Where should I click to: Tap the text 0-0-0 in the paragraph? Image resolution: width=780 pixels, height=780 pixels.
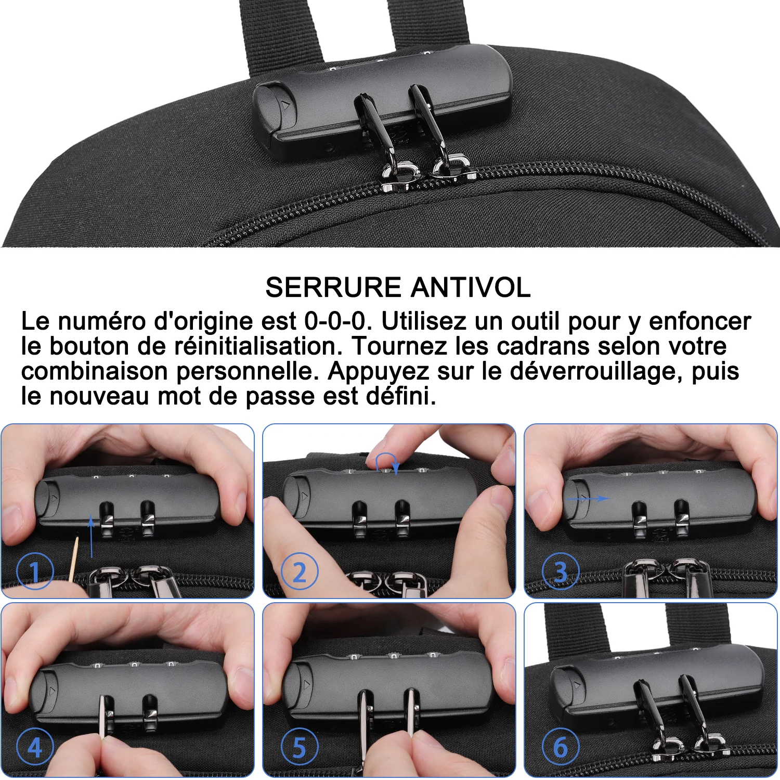point(335,321)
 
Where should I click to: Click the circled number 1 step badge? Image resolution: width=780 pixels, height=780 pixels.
point(35,571)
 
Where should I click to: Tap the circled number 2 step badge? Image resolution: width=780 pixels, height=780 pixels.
point(300,571)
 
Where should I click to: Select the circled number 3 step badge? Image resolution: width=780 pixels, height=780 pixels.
point(561,571)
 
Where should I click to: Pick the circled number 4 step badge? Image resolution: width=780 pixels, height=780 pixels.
point(35,747)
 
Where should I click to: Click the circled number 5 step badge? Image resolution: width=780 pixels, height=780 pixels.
point(300,747)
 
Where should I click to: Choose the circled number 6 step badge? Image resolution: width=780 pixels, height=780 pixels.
point(561,747)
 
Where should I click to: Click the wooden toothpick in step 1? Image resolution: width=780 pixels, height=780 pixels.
point(73,559)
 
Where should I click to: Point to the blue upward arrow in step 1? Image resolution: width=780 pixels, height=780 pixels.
point(92,536)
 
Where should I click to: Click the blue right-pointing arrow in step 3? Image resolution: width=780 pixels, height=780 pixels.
point(588,498)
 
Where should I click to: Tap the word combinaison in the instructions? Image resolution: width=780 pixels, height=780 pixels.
point(94,371)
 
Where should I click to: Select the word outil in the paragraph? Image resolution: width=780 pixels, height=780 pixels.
point(535,321)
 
